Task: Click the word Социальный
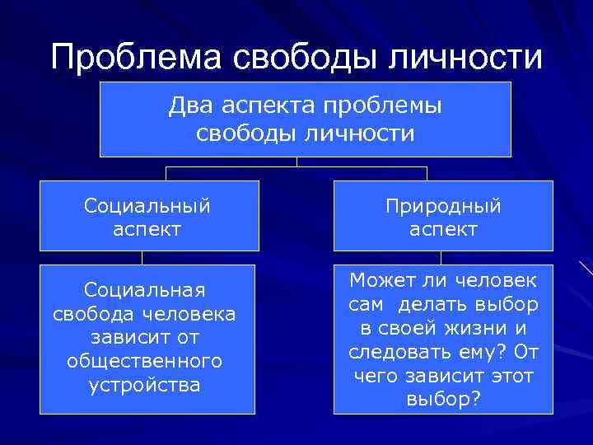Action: [x=148, y=205]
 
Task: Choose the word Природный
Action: [x=443, y=205]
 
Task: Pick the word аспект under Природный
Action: [x=443, y=229]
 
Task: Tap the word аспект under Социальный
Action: [x=148, y=229]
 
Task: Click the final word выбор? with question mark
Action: [x=443, y=400]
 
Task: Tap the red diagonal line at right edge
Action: [x=586, y=267]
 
